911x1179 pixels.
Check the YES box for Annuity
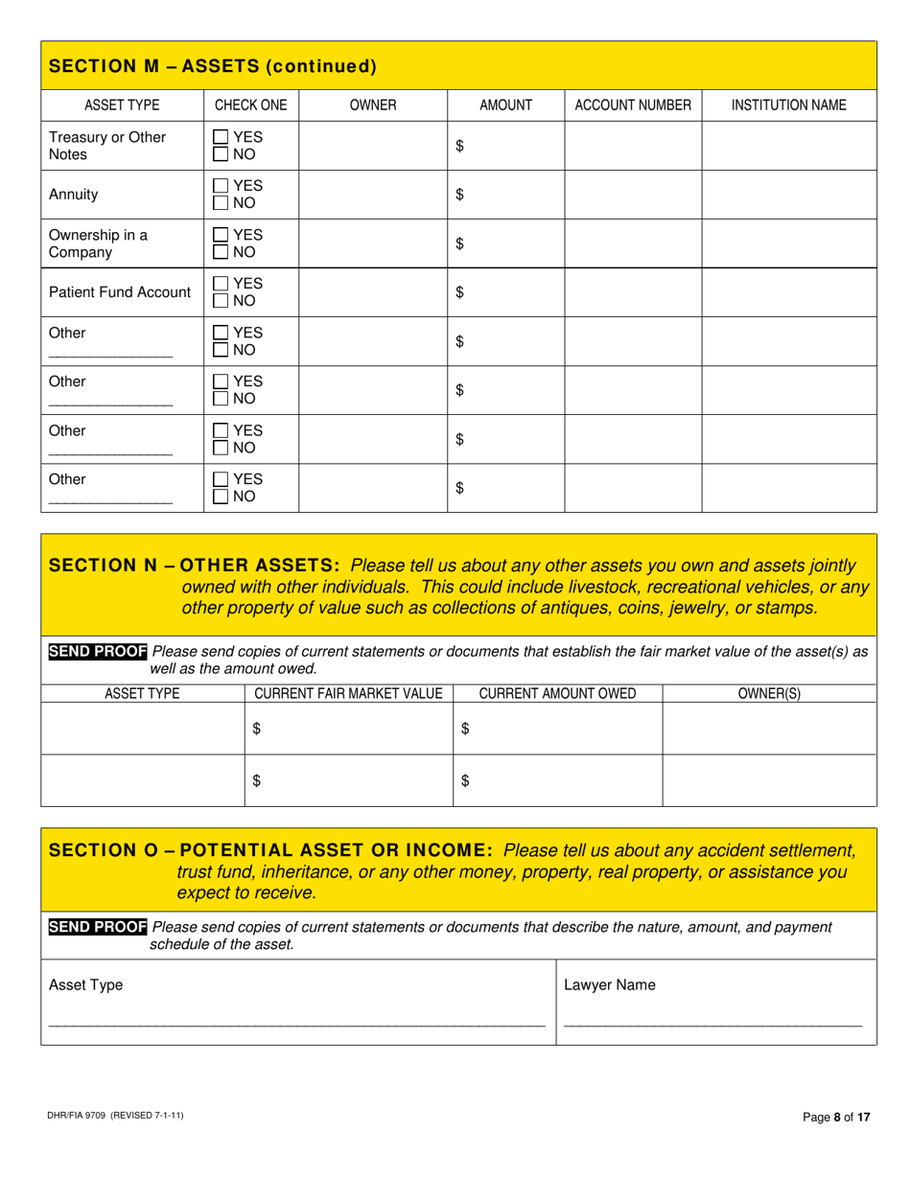[221, 186]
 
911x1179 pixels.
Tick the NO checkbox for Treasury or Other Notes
[221, 153]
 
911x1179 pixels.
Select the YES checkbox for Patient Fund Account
[221, 284]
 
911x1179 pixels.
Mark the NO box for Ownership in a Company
[221, 252]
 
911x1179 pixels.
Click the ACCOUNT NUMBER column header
[632, 105]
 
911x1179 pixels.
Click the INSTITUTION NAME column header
[788, 105]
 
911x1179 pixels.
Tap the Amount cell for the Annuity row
[505, 195]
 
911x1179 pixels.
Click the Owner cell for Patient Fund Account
[372, 292]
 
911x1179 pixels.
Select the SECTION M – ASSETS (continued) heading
[212, 66]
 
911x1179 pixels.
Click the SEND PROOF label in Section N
[98, 652]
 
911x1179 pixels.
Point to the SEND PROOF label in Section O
[98, 927]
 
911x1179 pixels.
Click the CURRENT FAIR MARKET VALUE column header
[348, 694]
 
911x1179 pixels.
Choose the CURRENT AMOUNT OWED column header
[557, 694]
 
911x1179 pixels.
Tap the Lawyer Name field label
[609, 984]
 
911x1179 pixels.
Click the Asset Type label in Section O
[85, 984]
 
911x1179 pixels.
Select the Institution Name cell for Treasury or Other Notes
[788, 146]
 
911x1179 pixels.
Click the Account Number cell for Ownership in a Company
[632, 243]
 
